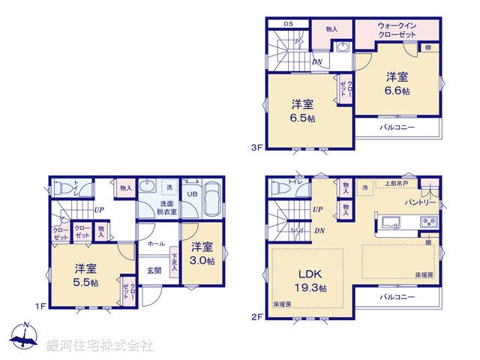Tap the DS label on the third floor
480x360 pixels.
[x=287, y=23]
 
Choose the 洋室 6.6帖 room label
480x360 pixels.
[x=397, y=83]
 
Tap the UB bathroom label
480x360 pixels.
[x=192, y=194]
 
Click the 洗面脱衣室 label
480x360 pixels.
[x=168, y=208]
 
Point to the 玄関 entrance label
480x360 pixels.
[x=154, y=271]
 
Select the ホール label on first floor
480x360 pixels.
[x=156, y=244]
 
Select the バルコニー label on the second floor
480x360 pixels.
[x=397, y=297]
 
